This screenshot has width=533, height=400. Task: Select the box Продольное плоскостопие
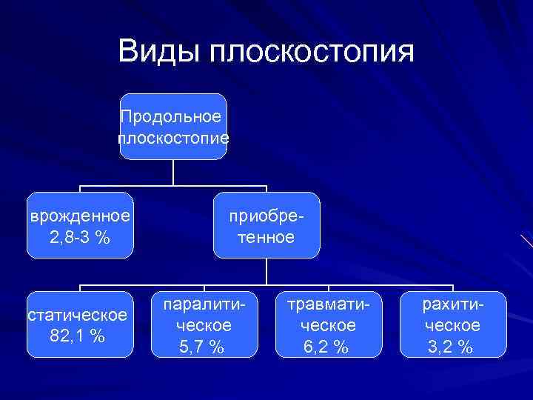tap(173, 127)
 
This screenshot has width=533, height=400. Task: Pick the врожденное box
tap(79, 225)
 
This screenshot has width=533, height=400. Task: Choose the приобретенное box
tap(266, 225)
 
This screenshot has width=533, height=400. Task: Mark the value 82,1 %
tap(77, 336)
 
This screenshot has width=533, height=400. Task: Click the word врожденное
tap(79, 216)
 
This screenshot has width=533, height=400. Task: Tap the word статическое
tap(78, 315)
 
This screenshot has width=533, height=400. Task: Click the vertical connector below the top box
tap(173, 172)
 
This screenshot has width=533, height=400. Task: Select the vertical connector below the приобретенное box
tap(266, 271)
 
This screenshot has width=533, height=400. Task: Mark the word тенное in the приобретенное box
tap(266, 237)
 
